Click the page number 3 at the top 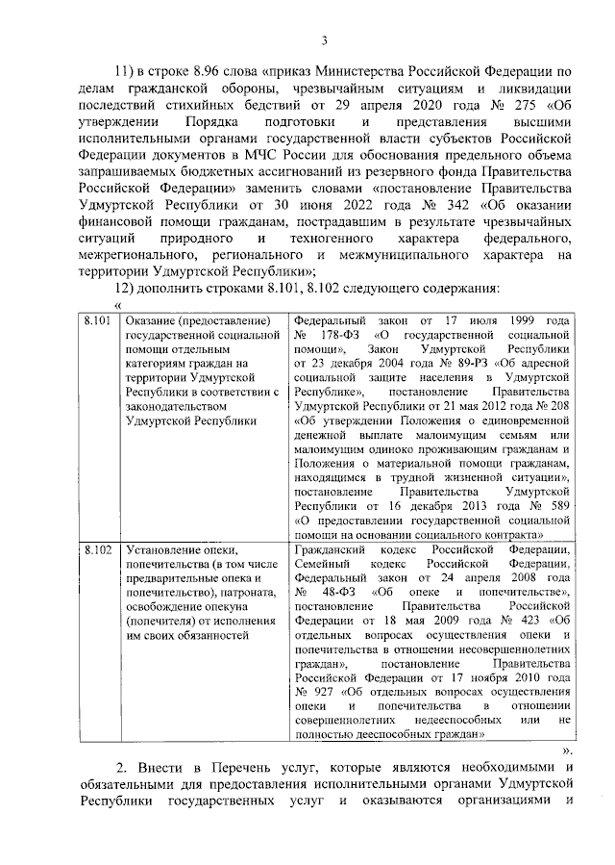324,39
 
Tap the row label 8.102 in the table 97,549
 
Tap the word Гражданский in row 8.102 331,549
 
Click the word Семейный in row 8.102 320,565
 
